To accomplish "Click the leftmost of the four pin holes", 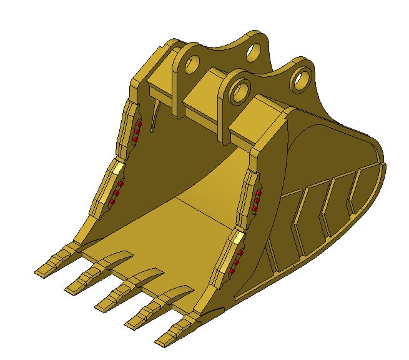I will point(191,62).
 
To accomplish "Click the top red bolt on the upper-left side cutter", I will point(140,125).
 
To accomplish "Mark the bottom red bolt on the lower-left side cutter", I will point(112,202).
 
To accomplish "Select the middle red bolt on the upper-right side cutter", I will point(257,201).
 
